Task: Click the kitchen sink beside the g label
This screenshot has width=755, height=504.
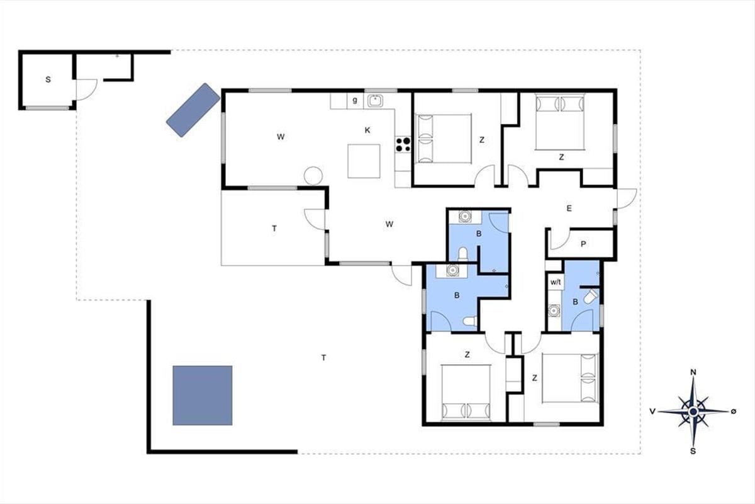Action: [375, 101]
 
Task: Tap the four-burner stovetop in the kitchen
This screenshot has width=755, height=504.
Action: [403, 144]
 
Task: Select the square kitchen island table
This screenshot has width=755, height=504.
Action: [364, 161]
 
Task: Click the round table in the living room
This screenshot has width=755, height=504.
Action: [313, 176]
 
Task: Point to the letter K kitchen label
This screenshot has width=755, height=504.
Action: [367, 130]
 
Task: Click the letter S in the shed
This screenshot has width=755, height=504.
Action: [48, 79]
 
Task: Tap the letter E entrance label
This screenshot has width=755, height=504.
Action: [569, 209]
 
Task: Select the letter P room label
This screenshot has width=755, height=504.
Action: [583, 244]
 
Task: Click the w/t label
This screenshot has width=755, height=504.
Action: [556, 282]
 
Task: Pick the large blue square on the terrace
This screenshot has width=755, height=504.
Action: [203, 395]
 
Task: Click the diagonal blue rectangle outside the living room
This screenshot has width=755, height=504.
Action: [193, 110]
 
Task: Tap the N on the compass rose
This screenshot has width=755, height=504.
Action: [693, 372]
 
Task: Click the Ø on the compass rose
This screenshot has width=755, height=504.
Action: [734, 411]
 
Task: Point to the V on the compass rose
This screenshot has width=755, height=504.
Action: [652, 411]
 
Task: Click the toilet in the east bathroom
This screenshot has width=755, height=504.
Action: [591, 296]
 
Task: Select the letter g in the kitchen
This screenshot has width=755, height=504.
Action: [355, 100]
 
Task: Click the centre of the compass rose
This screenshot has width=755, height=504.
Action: [693, 411]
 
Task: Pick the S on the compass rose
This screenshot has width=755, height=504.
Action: [693, 451]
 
